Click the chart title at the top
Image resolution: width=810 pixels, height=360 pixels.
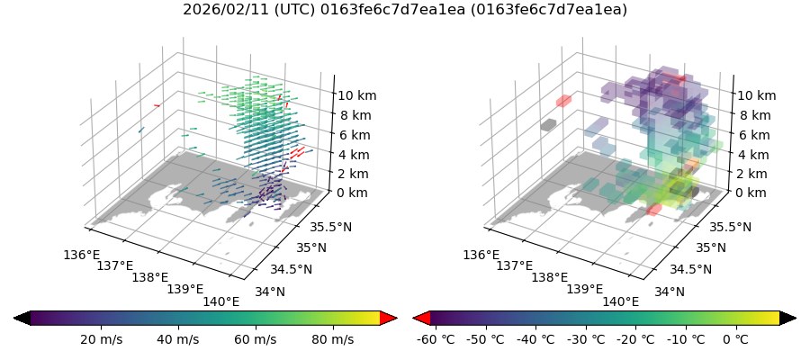click(x=405, y=10)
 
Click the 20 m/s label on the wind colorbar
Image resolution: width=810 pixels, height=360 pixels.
click(x=102, y=339)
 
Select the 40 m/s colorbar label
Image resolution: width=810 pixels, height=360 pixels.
click(x=178, y=339)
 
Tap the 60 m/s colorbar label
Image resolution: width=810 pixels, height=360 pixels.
click(x=255, y=339)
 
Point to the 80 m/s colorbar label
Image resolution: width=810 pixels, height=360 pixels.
click(x=331, y=339)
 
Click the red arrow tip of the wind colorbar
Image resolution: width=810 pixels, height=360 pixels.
click(x=389, y=318)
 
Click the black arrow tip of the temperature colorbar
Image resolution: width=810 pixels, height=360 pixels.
click(x=788, y=318)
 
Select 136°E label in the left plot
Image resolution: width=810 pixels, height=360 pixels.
click(x=82, y=255)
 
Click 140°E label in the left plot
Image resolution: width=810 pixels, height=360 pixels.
click(x=221, y=301)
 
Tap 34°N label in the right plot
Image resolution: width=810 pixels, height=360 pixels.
click(x=670, y=292)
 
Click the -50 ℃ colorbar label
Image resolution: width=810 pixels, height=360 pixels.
click(x=486, y=339)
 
